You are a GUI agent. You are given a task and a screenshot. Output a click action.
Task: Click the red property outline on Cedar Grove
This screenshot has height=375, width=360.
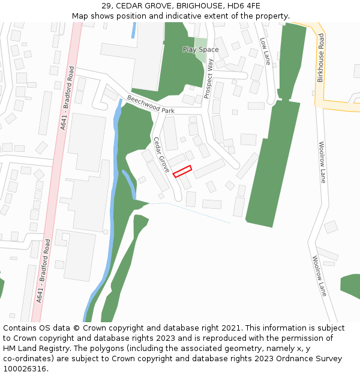[x=182, y=171]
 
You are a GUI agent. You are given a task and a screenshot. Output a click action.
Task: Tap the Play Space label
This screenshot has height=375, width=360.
[x=200, y=50]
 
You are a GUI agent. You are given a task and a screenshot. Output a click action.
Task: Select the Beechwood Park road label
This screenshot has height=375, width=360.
[x=150, y=103]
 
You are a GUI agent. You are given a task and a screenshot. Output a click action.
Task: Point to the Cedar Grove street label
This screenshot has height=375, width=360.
[x=162, y=155]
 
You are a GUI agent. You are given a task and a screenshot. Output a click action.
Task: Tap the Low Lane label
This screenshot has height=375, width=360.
[x=265, y=51]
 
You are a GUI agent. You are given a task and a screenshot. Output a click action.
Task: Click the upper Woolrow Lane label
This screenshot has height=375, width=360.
[x=322, y=162]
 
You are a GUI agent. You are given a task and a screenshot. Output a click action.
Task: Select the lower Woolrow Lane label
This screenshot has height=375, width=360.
[x=319, y=275]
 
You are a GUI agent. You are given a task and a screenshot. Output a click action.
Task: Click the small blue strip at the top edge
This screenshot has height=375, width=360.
[x=133, y=30]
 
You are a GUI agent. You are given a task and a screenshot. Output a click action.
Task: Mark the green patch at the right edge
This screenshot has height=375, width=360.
[x=350, y=286]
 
